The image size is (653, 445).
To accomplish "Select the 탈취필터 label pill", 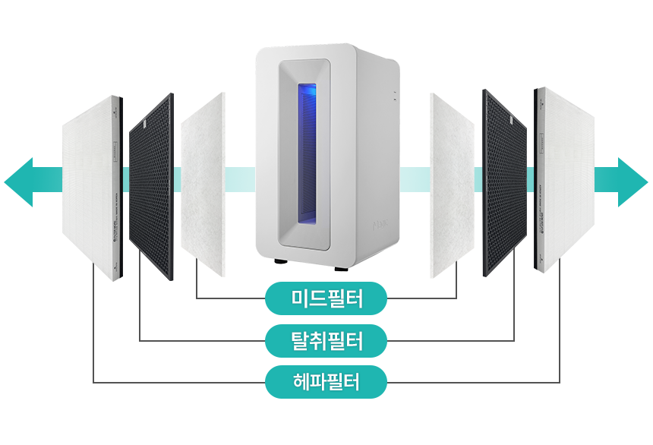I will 326,340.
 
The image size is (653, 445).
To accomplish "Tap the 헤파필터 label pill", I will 326,382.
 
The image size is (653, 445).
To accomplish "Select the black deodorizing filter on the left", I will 151,186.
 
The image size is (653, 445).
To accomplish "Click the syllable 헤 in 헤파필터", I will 301,382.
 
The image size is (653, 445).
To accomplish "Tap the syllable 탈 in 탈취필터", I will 301,340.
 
